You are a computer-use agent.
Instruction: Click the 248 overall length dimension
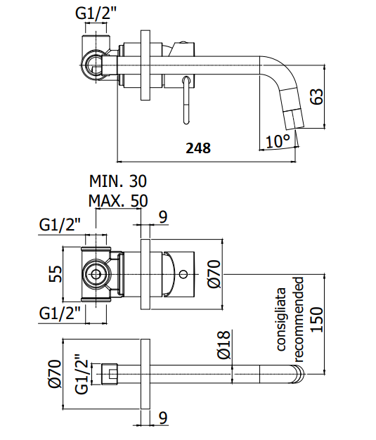click(x=198, y=148)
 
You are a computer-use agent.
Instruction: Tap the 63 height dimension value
click(x=318, y=96)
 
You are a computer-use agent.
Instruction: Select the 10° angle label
click(x=278, y=141)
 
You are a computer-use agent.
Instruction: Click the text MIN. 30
click(x=118, y=181)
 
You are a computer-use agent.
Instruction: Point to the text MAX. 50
click(x=118, y=200)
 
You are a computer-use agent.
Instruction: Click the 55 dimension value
click(x=56, y=273)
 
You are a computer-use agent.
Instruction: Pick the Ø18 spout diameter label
click(x=224, y=345)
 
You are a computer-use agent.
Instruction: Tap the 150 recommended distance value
click(x=318, y=319)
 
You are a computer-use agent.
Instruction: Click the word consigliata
click(x=281, y=319)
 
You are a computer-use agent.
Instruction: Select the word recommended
click(x=299, y=319)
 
